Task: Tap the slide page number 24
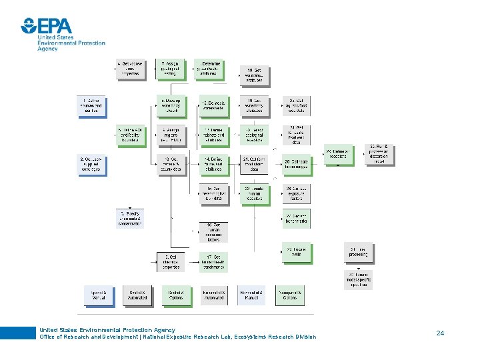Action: [x=440, y=332]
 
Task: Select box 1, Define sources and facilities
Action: [x=92, y=106]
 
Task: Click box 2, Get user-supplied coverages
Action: [x=92, y=164]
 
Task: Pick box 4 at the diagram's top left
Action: [x=130, y=69]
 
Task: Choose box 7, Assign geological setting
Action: [x=171, y=69]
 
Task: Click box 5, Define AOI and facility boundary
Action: [x=130, y=135]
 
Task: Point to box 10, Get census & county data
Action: [x=171, y=164]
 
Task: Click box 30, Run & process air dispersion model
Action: [x=379, y=155]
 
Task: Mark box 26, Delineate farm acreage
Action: [x=297, y=164]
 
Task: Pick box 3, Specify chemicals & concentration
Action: [x=130, y=219]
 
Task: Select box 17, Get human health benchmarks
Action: [x=213, y=262]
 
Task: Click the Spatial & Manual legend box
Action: [x=98, y=295]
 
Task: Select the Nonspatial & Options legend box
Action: [x=291, y=295]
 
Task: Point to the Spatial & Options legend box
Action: [x=175, y=295]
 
